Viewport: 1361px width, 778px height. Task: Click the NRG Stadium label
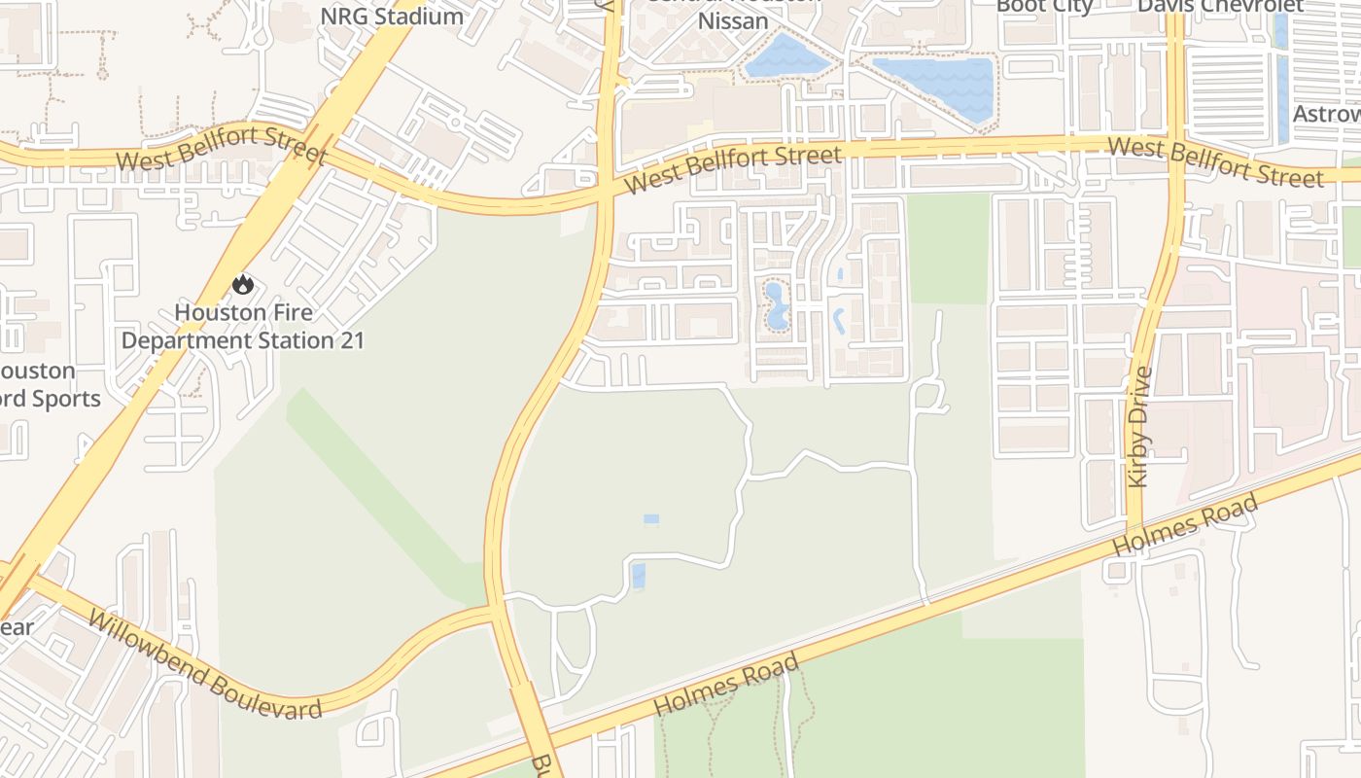point(392,16)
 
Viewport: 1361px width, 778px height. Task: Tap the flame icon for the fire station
point(242,284)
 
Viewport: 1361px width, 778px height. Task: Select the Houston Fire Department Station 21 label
point(243,327)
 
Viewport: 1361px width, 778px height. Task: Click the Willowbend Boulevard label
point(203,665)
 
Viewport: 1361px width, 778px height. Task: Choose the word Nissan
point(734,20)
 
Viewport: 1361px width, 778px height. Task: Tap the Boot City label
point(1045,6)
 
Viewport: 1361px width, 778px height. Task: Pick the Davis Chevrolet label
point(1220,6)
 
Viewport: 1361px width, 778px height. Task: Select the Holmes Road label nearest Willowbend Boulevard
point(727,685)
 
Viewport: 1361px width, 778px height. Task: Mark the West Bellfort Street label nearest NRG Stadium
point(222,145)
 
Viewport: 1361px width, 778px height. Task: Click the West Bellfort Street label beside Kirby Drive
point(1215,161)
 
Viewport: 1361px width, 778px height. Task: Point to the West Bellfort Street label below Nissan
point(733,168)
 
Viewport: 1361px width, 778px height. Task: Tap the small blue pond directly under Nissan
point(785,56)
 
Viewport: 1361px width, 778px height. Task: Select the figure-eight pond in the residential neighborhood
point(776,305)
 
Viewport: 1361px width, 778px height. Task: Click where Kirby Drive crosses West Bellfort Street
point(1175,149)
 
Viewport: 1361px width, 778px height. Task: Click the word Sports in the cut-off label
point(65,399)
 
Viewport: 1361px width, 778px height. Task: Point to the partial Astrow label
point(1326,114)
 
